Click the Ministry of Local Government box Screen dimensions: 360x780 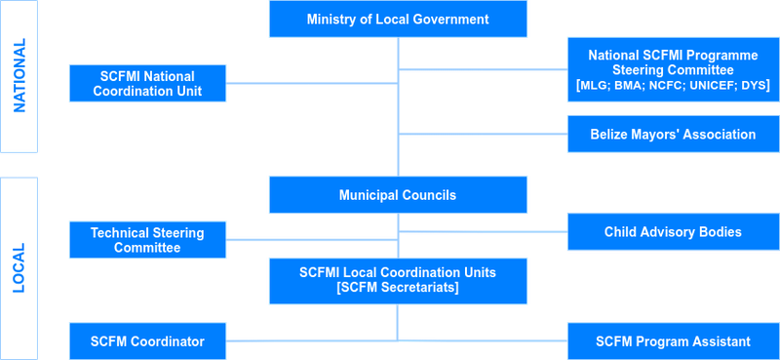[x=398, y=20]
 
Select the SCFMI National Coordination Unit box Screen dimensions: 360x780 [x=147, y=83]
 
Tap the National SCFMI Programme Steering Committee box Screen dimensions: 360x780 [x=673, y=68]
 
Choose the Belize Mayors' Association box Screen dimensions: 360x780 [x=673, y=135]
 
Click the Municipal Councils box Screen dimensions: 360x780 [x=398, y=195]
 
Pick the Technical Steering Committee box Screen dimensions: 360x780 [x=147, y=240]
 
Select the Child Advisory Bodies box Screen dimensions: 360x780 [x=673, y=232]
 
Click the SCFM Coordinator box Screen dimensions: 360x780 [x=147, y=341]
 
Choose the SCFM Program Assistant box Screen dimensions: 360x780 [x=673, y=341]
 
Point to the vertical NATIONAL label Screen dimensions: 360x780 [x=19, y=76]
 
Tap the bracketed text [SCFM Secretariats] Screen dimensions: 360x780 [x=398, y=289]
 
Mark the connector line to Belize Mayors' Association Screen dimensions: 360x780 [x=483, y=134]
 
